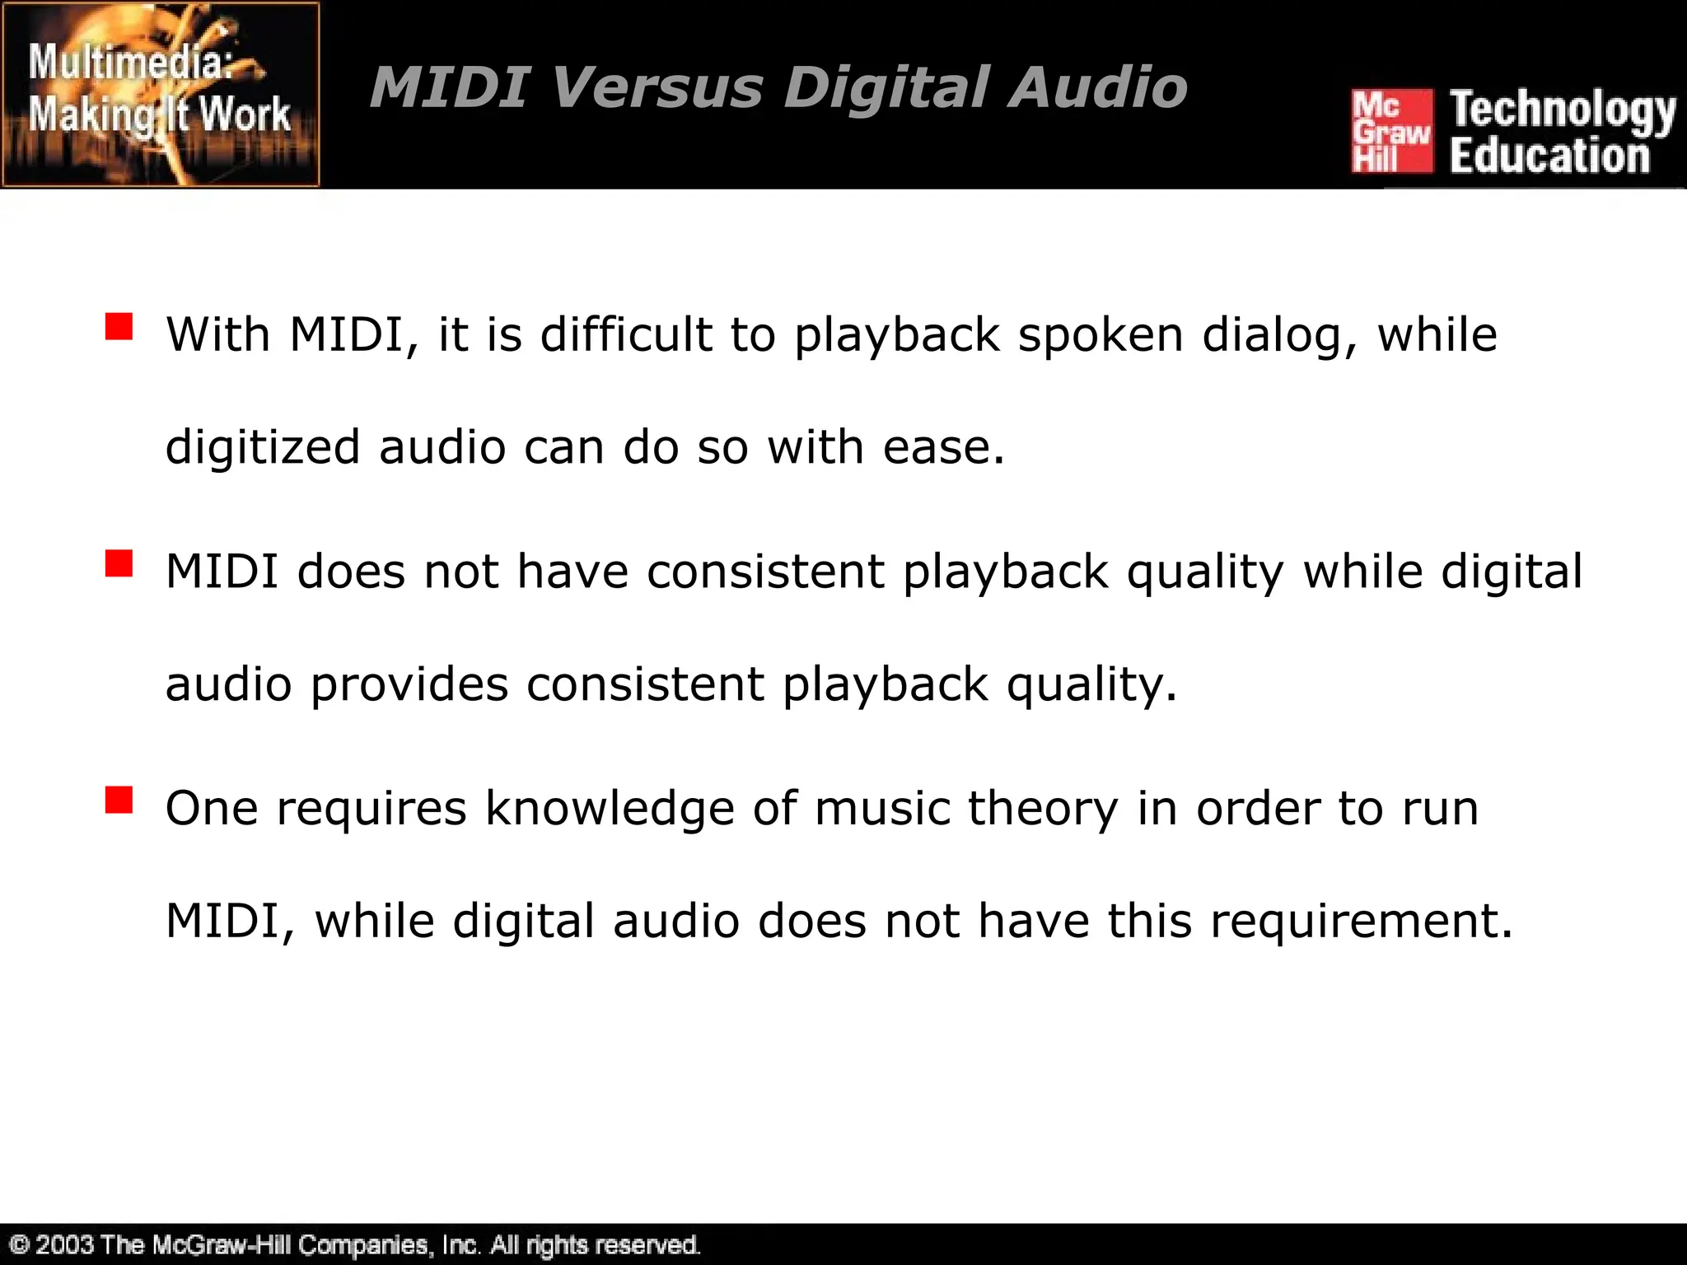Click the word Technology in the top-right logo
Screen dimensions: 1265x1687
1563,111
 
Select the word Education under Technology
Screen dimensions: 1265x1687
1549,156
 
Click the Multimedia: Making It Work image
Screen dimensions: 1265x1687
161,95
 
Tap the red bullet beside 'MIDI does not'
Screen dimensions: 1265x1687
119,564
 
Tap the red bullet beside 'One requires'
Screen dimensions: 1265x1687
119,800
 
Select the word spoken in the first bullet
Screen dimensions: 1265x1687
1101,335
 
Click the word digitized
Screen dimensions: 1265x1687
263,447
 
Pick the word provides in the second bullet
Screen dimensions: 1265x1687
409,684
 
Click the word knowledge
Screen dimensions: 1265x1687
610,808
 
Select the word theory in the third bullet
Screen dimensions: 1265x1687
1043,808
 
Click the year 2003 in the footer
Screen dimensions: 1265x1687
64,1244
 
